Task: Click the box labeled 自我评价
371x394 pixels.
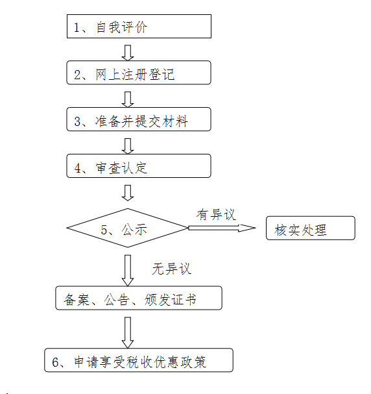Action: (139, 27)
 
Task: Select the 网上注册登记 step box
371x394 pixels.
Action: (139, 72)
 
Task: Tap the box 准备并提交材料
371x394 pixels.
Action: (139, 119)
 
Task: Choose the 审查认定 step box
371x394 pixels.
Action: (139, 166)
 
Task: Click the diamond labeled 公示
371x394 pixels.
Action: (128, 228)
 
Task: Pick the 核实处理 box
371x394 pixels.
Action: (311, 228)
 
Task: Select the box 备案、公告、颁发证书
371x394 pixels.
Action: (139, 298)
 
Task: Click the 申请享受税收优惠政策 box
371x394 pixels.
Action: (139, 360)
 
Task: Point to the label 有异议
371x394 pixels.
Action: (216, 215)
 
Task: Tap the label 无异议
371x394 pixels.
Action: (172, 269)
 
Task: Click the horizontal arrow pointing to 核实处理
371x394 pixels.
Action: (222, 228)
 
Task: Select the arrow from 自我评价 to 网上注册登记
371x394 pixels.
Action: (128, 53)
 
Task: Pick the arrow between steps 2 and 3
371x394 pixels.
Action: (128, 99)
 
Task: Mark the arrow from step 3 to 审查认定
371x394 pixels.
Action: (128, 146)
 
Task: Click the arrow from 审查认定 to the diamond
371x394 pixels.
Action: (128, 193)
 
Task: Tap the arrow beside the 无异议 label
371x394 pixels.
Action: (128, 271)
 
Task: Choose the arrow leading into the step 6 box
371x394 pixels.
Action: (128, 333)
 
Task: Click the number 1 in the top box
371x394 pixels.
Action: (77, 27)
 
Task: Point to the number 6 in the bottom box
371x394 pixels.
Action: (55, 362)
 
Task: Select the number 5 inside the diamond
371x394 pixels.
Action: (104, 230)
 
